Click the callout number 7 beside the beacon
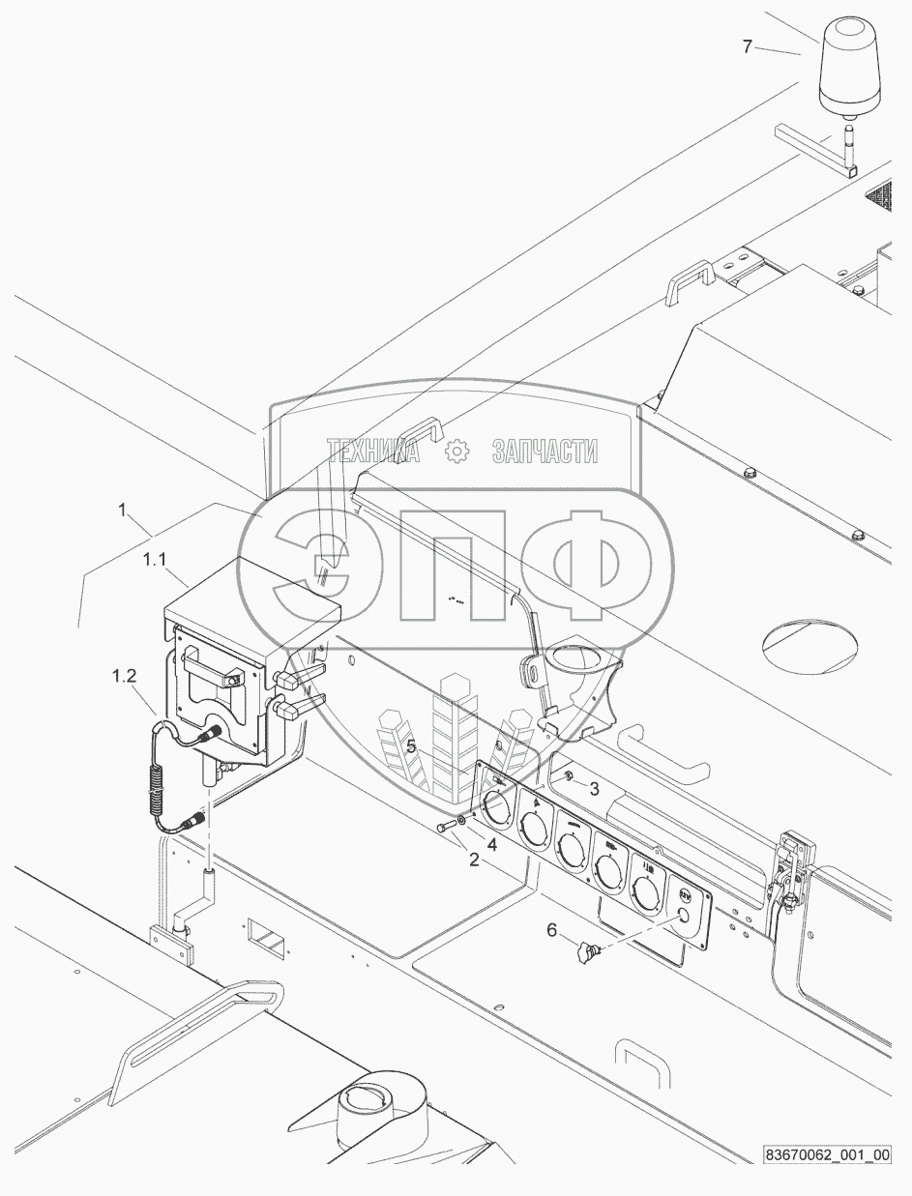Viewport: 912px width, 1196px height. (x=748, y=46)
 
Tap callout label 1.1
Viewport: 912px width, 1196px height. (x=156, y=559)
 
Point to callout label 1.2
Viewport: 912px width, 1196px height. (x=124, y=676)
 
